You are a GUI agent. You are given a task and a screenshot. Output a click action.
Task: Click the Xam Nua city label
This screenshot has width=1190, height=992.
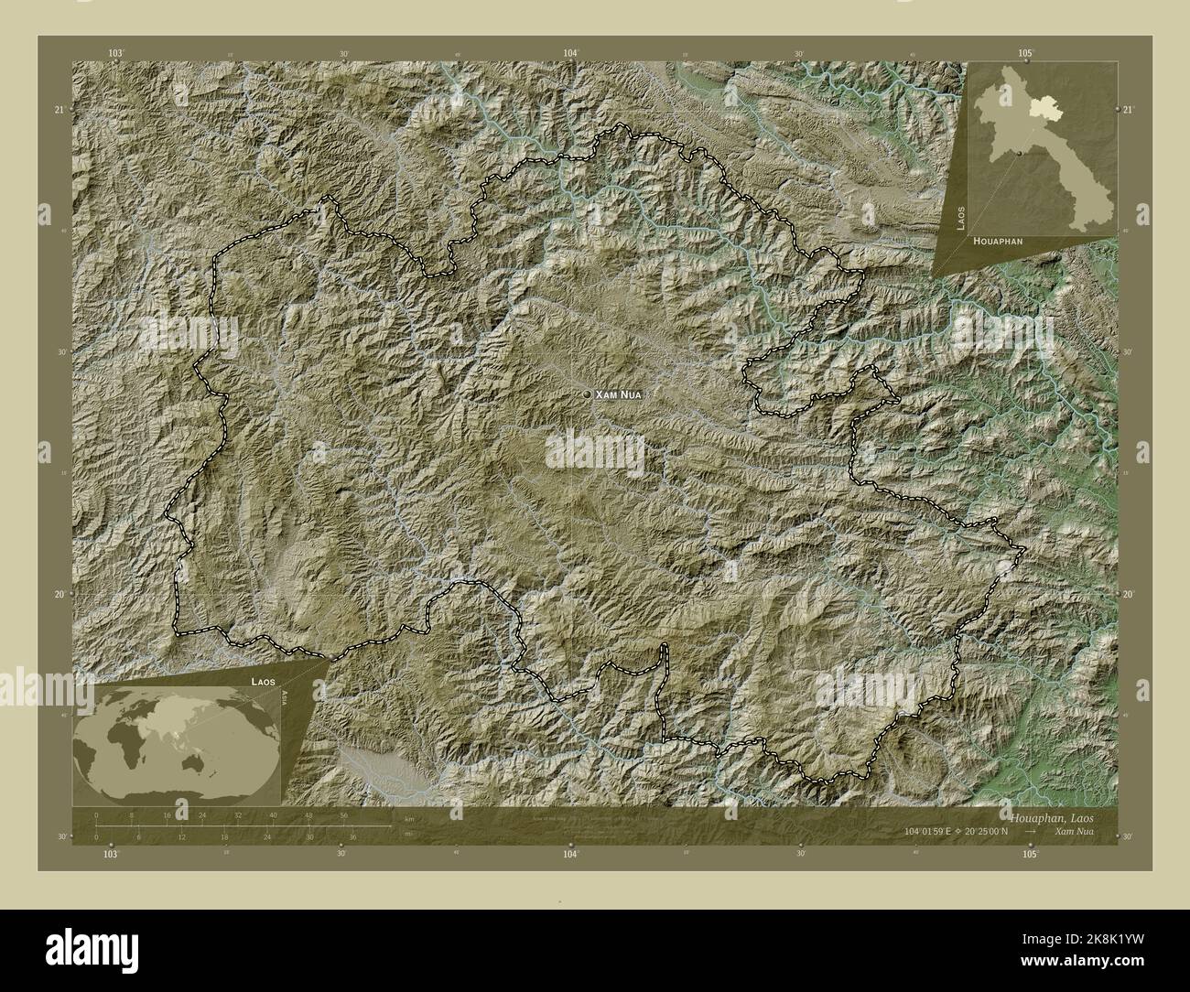coord(619,394)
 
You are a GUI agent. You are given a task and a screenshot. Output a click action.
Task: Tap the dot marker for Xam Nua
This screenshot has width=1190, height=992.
coord(587,394)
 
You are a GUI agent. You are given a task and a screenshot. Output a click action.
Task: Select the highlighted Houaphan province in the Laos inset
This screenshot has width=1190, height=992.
coord(1042,109)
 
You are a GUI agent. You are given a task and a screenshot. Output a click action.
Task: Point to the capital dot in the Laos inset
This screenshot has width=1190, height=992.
coord(1019,153)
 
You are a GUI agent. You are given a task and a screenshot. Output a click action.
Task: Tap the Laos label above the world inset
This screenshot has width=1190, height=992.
coord(260,683)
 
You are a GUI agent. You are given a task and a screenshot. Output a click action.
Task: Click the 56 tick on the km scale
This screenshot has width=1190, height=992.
coord(344,815)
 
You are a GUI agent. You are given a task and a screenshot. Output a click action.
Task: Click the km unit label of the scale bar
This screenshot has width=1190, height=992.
coord(395,818)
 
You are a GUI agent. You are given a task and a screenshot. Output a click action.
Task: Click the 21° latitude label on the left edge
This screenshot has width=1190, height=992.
coord(59,110)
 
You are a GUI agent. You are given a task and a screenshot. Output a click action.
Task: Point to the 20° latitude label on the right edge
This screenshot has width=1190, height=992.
coord(1129,595)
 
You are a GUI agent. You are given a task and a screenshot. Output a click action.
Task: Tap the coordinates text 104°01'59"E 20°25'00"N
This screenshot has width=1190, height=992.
coord(964,831)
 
